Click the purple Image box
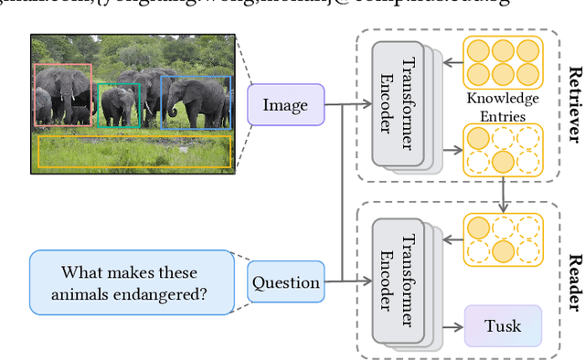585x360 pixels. coord(285,104)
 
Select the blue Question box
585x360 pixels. coord(286,282)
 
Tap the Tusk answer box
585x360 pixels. coord(503,325)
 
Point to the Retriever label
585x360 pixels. coord(574,104)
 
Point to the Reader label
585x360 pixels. coord(574,273)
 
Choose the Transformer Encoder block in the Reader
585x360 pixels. coord(397,281)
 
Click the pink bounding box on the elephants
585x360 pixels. coord(62,94)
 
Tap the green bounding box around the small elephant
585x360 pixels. coord(119,105)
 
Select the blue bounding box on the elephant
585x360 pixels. coord(196,101)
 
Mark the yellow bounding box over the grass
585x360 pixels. coord(133,152)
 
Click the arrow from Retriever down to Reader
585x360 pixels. coord(503,195)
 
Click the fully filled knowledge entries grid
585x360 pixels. coord(503,60)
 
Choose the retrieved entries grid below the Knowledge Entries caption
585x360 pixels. coord(503,149)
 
